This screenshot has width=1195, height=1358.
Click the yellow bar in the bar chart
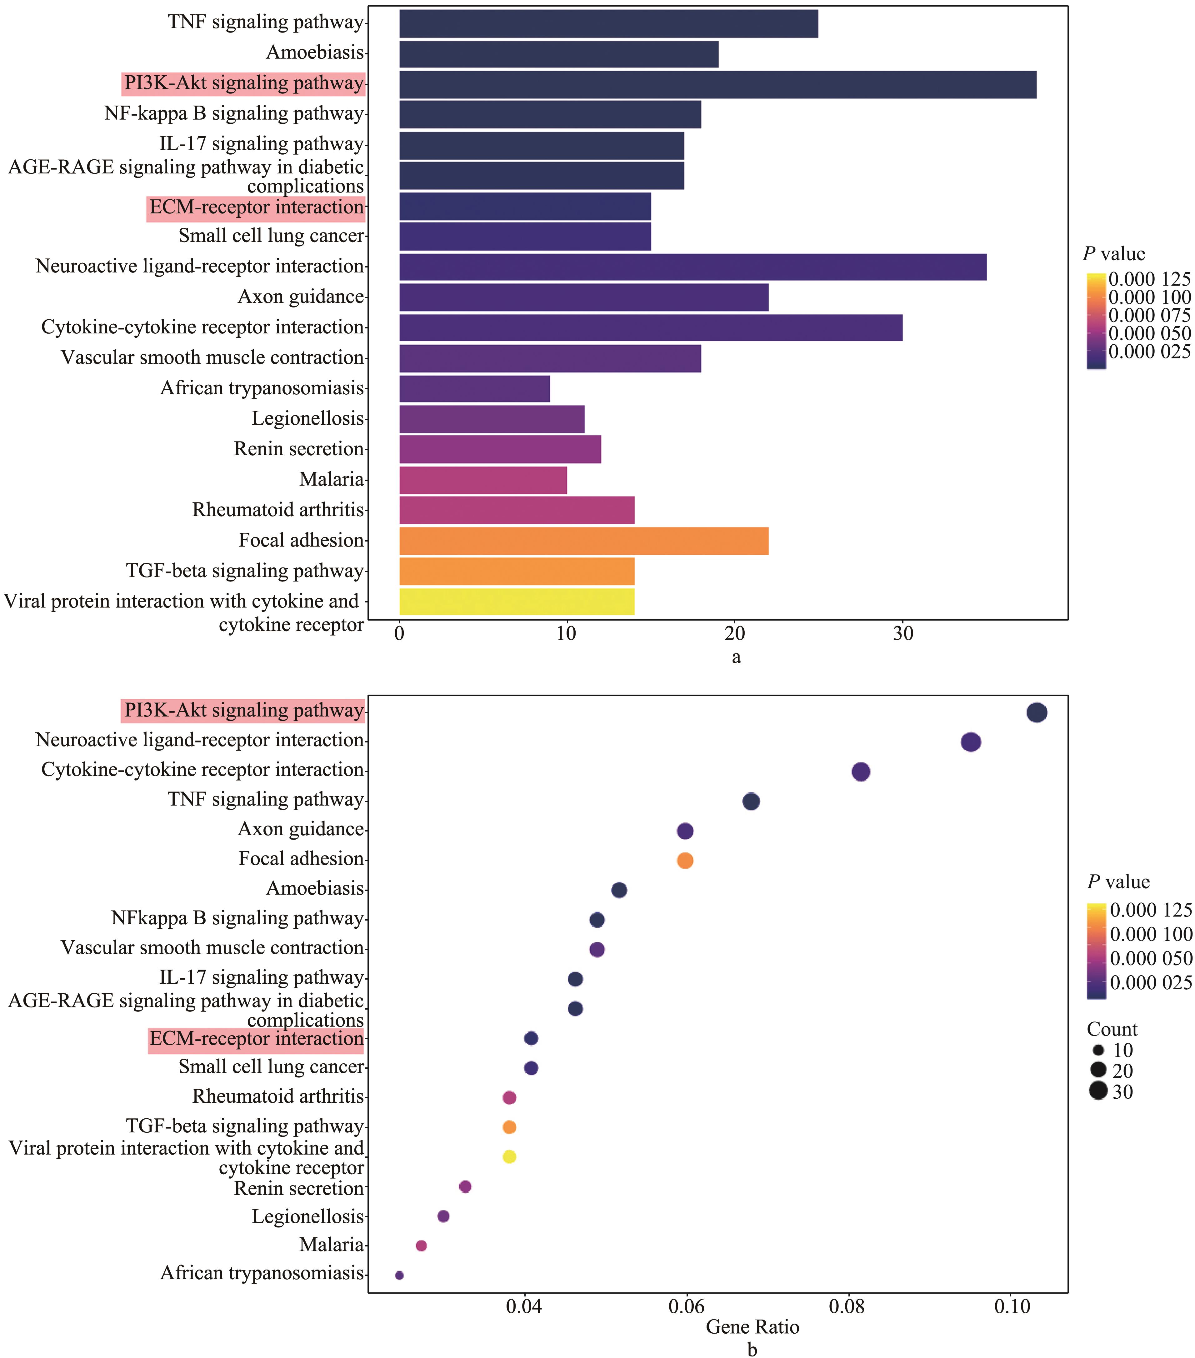pyautogui.click(x=517, y=601)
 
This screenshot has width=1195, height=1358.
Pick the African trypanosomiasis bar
pyautogui.click(x=475, y=389)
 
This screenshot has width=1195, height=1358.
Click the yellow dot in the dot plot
pyautogui.click(x=509, y=1157)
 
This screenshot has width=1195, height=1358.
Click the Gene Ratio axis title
pyautogui.click(x=752, y=1327)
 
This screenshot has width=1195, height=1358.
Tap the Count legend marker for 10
pyautogui.click(x=1098, y=1051)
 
